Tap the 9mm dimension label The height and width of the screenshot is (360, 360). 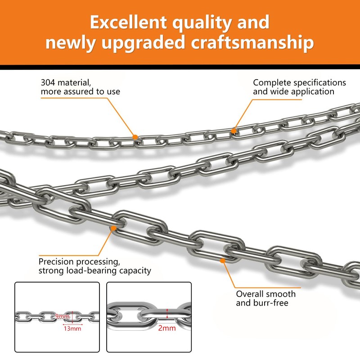point(63,317)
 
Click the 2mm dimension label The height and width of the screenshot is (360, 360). point(166,328)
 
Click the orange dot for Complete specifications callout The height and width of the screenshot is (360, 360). point(234,131)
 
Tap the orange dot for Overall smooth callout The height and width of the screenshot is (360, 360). point(223,260)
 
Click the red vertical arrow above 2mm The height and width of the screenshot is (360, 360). point(167,312)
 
